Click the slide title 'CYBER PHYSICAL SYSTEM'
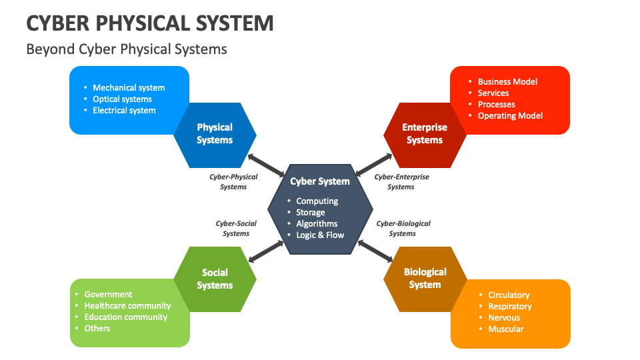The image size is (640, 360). coord(150,23)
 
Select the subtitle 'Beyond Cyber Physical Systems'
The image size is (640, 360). coord(127,49)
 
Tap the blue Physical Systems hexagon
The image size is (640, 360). coord(215,134)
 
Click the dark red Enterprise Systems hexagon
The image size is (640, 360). coord(425,134)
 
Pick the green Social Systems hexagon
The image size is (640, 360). coord(215,279)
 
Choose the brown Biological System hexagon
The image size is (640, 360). coord(425,279)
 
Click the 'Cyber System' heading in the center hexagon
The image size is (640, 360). coord(320,181)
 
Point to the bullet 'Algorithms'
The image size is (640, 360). coord(317,223)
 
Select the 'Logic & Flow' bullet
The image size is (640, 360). coord(320,235)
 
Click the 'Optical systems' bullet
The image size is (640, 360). coord(122,99)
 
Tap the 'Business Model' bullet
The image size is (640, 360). coord(507,81)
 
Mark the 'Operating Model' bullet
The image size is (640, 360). coord(510,115)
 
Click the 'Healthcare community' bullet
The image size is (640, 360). coord(127,305)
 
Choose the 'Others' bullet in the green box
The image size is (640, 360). coord(97,328)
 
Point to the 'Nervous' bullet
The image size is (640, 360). coord(504,317)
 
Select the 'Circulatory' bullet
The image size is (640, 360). coord(509,295)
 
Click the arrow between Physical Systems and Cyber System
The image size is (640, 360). coord(265,165)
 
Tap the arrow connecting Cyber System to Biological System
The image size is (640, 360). coord(375,251)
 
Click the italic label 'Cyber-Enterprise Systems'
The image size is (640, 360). coord(401,182)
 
